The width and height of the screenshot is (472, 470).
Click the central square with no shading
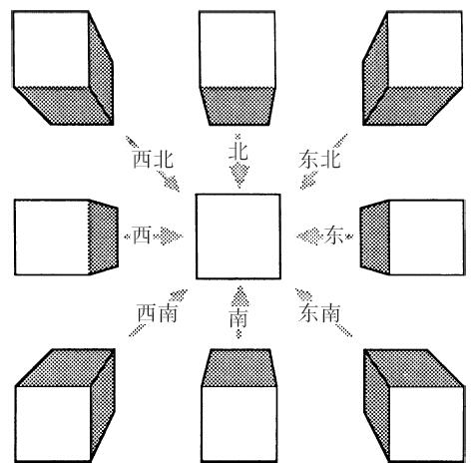coord(238,236)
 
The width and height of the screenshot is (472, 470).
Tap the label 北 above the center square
coord(238,152)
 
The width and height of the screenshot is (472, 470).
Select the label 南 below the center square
coord(238,317)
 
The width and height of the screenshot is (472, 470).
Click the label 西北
coord(153,159)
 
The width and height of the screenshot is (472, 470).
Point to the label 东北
coord(319,159)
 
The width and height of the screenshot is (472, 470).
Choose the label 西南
coord(157,312)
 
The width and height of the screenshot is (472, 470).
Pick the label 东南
coord(319,312)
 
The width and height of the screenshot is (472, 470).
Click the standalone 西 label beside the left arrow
coord(142,235)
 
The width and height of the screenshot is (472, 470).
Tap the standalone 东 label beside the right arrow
coord(333,235)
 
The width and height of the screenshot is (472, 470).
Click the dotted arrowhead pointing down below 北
coord(239,176)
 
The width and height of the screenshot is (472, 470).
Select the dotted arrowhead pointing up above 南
coord(239,296)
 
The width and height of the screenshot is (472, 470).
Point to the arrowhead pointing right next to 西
coord(171,236)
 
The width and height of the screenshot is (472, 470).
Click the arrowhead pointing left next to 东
coord(309,236)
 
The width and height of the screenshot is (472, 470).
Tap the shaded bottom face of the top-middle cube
coord(238,106)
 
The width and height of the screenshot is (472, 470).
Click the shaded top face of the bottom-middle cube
coord(239,367)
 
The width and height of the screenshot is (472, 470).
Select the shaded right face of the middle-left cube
coord(103,236)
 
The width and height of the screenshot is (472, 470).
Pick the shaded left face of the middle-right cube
coord(375,237)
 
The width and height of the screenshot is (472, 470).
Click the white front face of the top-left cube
coord(51,49)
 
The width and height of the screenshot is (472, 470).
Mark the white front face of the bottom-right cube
coord(426,424)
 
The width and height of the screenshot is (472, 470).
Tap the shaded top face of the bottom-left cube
coord(65,367)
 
